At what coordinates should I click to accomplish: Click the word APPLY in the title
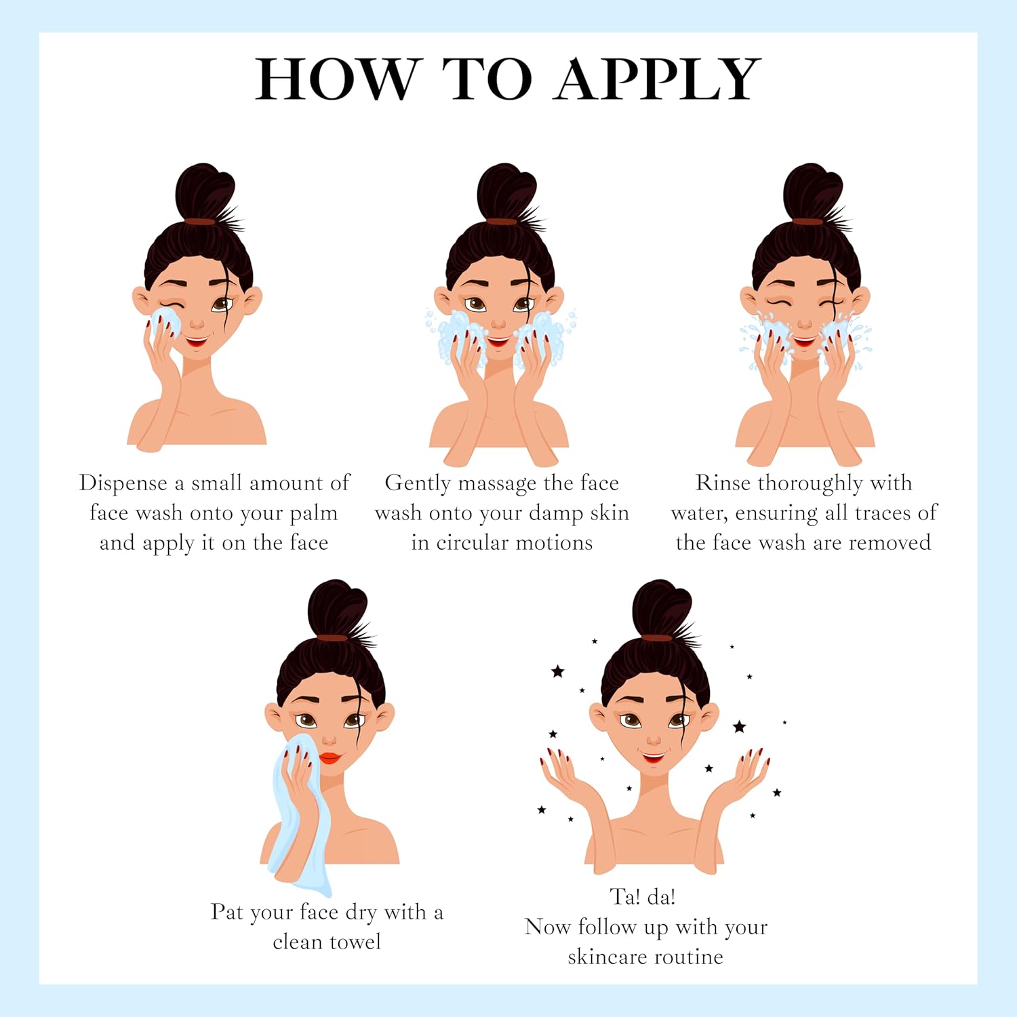click(657, 79)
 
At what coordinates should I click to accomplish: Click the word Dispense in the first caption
click(123, 483)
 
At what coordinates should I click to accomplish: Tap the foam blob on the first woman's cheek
click(166, 324)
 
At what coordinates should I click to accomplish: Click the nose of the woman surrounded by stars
click(654, 738)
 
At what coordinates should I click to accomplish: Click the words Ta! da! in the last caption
click(643, 897)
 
